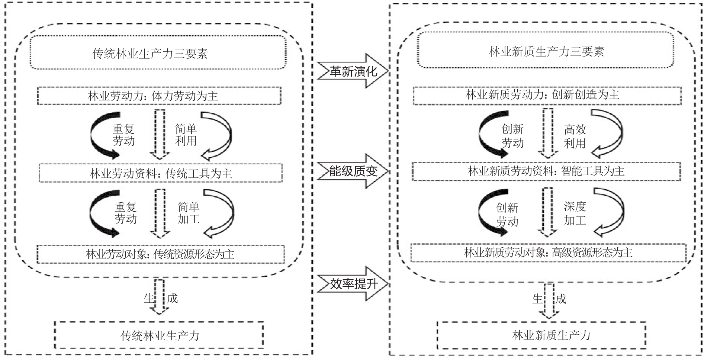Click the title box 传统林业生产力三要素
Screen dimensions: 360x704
[158, 53]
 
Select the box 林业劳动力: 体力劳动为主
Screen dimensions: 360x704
[159, 96]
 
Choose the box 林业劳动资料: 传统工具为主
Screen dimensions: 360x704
[161, 173]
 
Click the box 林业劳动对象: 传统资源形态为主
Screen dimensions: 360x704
[161, 254]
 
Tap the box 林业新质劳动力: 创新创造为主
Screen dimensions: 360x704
[547, 95]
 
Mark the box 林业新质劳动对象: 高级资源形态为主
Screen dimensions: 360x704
[548, 253]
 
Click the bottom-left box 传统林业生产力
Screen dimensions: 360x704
[159, 335]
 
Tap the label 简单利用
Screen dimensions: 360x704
[186, 135]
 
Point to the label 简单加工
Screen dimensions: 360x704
[189, 213]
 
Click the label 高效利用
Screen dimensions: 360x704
[575, 136]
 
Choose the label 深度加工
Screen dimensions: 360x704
[575, 213]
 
